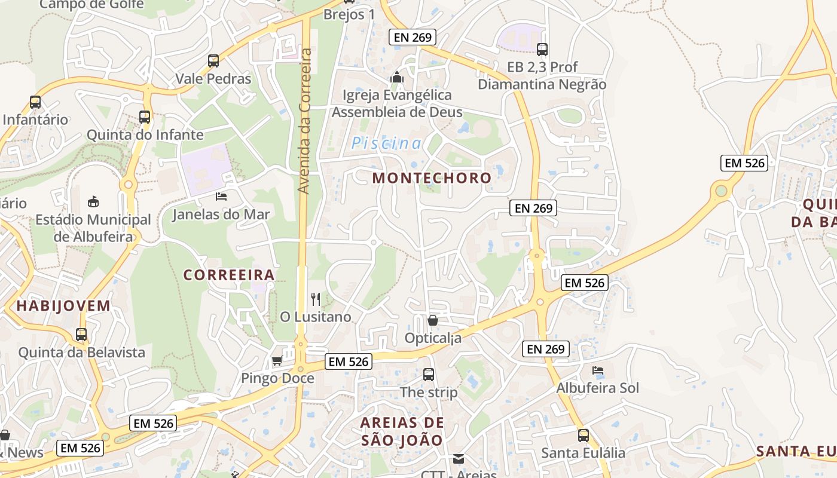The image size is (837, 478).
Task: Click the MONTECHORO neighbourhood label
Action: [432, 177]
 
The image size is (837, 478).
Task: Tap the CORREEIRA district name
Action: [229, 275]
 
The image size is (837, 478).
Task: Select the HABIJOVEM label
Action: [63, 306]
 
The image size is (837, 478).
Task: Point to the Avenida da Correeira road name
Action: [304, 121]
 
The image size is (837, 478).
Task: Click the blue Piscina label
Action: [387, 143]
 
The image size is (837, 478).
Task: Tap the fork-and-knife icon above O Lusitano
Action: [316, 299]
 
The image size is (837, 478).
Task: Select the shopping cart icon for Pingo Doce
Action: [277, 360]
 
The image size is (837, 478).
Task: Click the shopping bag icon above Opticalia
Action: [433, 320]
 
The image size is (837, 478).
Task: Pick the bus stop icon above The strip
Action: [429, 375]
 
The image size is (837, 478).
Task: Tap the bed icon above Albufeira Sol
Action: [597, 370]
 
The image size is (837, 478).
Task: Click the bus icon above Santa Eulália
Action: [584, 436]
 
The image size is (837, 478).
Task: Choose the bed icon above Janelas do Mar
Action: [221, 196]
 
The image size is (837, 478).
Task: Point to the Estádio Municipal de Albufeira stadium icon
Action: [93, 201]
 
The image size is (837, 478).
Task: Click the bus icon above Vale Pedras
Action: [213, 60]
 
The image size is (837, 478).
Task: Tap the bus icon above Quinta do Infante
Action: [145, 117]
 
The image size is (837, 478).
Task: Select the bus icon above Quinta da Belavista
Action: [81, 335]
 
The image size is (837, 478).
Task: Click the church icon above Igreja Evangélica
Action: [396, 77]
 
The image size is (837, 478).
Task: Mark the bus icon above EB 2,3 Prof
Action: [542, 49]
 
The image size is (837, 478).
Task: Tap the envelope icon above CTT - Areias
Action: [459, 459]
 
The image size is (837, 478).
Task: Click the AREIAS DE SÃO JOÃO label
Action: [402, 431]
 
